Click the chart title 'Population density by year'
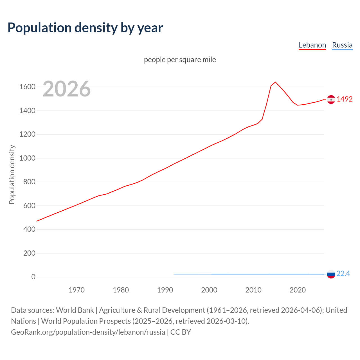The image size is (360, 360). (x=85, y=28)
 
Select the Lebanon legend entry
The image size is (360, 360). (x=312, y=45)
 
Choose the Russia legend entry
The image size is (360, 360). (x=342, y=45)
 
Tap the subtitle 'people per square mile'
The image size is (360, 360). (x=180, y=60)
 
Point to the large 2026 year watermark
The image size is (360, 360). (x=67, y=89)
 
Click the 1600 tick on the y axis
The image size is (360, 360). (x=27, y=87)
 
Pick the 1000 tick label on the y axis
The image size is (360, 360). (x=27, y=158)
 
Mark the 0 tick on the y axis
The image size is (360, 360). (x=33, y=277)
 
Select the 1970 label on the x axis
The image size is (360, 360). (x=76, y=290)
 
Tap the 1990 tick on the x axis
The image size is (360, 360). (x=165, y=290)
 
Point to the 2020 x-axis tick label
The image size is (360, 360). (x=298, y=290)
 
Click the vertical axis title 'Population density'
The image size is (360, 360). (x=12, y=174)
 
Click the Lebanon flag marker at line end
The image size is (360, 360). (x=331, y=99)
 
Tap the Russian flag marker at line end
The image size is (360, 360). (x=331, y=274)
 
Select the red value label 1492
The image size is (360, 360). (x=345, y=99)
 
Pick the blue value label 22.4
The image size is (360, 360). (x=343, y=274)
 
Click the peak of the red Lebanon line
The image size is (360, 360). (x=275, y=82)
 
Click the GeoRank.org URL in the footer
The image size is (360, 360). (x=88, y=332)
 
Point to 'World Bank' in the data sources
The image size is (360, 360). (x=75, y=310)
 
